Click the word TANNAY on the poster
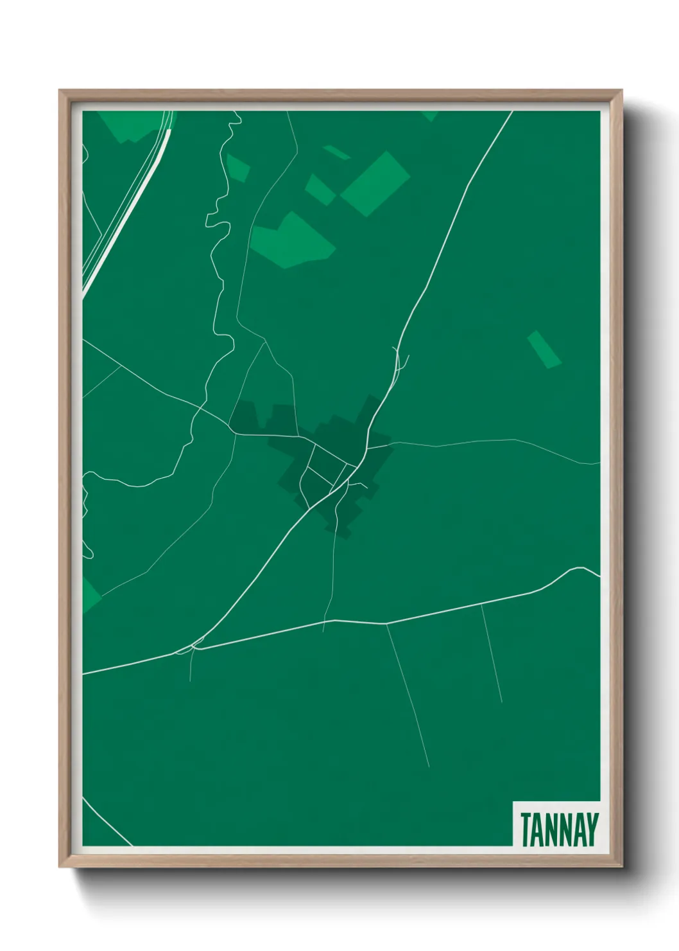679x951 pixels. (x=559, y=830)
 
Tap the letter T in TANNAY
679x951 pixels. (x=526, y=830)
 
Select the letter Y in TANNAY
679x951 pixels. (x=592, y=830)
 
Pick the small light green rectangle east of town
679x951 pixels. (x=544, y=349)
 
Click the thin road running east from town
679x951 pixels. (x=488, y=441)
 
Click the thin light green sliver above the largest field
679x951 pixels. (x=336, y=152)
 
